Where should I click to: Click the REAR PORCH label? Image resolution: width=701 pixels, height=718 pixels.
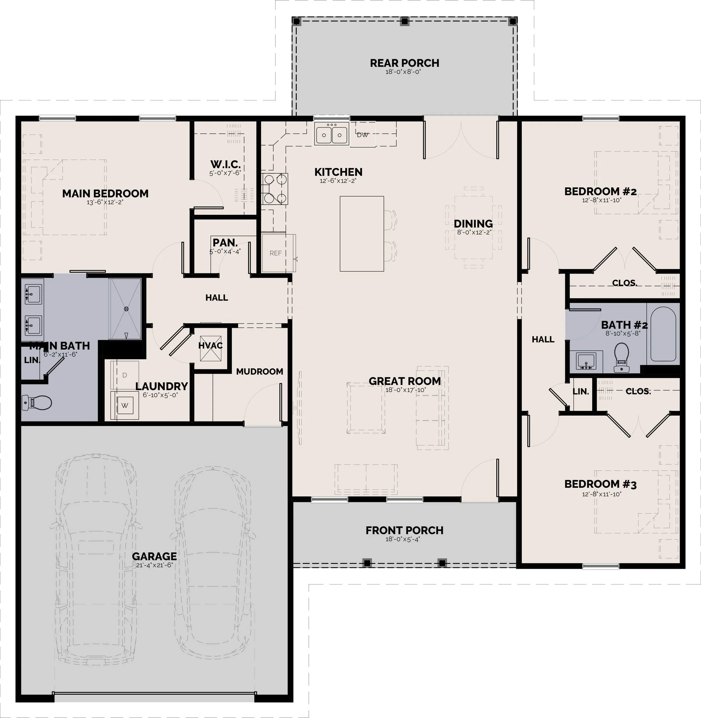405,63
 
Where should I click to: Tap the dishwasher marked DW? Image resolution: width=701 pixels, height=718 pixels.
363,134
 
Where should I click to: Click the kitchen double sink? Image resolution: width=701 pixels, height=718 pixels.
332,134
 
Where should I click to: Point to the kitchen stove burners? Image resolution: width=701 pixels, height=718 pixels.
275,189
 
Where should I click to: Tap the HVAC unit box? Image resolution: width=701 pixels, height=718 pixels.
211,348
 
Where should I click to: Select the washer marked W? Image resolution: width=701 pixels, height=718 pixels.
125,405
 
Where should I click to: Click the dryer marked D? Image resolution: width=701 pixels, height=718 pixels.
125,375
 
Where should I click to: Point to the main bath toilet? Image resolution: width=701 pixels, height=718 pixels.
37,402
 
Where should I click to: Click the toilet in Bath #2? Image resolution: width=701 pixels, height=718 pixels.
621,357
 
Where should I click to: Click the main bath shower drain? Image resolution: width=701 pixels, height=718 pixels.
126,309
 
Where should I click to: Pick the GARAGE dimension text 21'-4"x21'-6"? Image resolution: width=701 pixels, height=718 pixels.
154,565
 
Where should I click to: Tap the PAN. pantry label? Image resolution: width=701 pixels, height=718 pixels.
225,243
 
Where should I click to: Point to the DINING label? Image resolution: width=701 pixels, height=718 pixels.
473,224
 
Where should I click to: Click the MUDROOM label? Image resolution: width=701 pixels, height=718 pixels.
260,372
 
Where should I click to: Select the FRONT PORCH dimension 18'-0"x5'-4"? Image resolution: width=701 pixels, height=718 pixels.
404,539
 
